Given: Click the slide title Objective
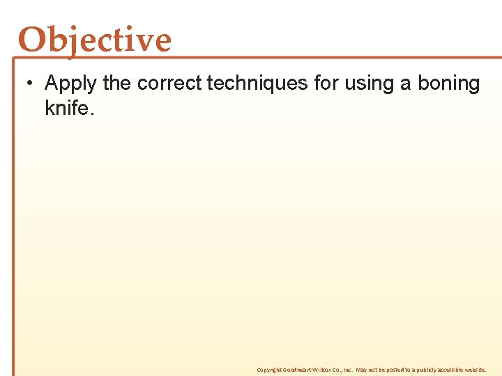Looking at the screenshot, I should (x=95, y=40).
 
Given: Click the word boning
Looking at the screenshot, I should (x=449, y=84).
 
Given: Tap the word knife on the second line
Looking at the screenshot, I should (x=68, y=108).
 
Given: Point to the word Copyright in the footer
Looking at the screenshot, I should (x=268, y=370).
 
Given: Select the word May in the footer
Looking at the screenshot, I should (x=363, y=370).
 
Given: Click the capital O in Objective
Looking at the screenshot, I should (x=32, y=40).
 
